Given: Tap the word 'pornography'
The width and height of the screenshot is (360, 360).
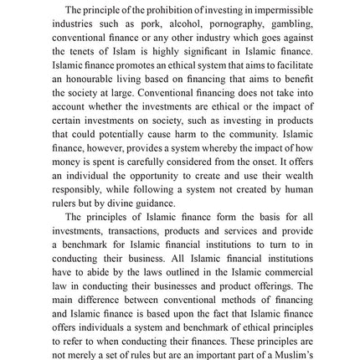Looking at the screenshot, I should (x=222, y=19).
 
